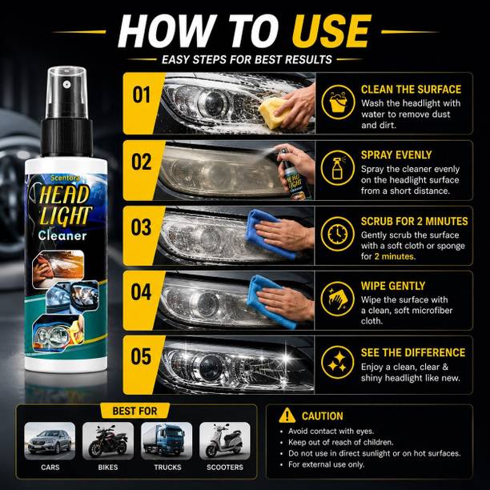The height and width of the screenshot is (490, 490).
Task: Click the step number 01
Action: tap(141, 94)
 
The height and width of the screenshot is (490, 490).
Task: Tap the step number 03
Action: tap(141, 227)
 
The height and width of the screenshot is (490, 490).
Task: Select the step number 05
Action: tap(141, 356)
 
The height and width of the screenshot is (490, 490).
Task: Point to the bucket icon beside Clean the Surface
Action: tap(338, 102)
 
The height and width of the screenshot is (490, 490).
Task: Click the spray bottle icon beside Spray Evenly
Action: tap(338, 168)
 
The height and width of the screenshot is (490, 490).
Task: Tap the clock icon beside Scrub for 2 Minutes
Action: tap(338, 234)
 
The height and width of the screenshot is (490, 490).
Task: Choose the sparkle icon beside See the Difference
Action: tap(338, 363)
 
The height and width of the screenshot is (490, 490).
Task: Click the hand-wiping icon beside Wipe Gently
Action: tap(338, 299)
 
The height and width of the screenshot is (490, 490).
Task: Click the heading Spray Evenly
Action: tap(396, 155)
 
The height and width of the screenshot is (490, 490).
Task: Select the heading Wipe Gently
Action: tap(393, 286)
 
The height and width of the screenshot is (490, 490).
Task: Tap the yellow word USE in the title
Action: tap(331, 31)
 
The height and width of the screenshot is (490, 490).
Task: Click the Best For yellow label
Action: tap(135, 411)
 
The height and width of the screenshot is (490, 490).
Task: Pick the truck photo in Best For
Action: tap(167, 440)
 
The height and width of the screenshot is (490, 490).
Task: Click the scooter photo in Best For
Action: tap(225, 440)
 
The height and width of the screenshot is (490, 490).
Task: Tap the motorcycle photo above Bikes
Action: tap(108, 440)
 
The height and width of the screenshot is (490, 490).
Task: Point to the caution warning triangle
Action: tap(287, 416)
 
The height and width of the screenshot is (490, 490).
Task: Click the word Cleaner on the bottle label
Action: tap(62, 235)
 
